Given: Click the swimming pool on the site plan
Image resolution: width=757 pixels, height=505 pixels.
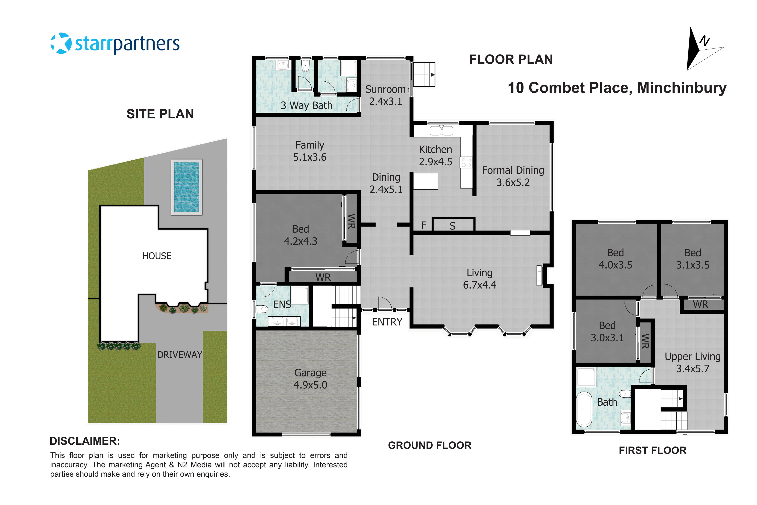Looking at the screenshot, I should [x=186, y=187].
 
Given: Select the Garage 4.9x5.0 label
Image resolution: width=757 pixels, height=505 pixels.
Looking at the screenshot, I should [x=310, y=379].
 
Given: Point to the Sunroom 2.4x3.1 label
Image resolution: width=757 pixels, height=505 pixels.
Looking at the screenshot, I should [x=385, y=95].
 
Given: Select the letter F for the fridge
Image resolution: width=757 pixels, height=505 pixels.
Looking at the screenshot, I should [x=424, y=225].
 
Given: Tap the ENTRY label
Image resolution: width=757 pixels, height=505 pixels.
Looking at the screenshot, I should [x=387, y=322].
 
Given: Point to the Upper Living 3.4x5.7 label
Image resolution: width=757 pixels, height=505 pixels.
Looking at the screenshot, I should [x=692, y=362].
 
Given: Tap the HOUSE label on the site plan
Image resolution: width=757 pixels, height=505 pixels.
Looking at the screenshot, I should [x=157, y=256].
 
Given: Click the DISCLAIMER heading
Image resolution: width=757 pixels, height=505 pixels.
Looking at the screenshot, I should [x=85, y=441].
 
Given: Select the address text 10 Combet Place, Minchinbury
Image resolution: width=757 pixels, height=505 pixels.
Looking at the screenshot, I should [x=617, y=88].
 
